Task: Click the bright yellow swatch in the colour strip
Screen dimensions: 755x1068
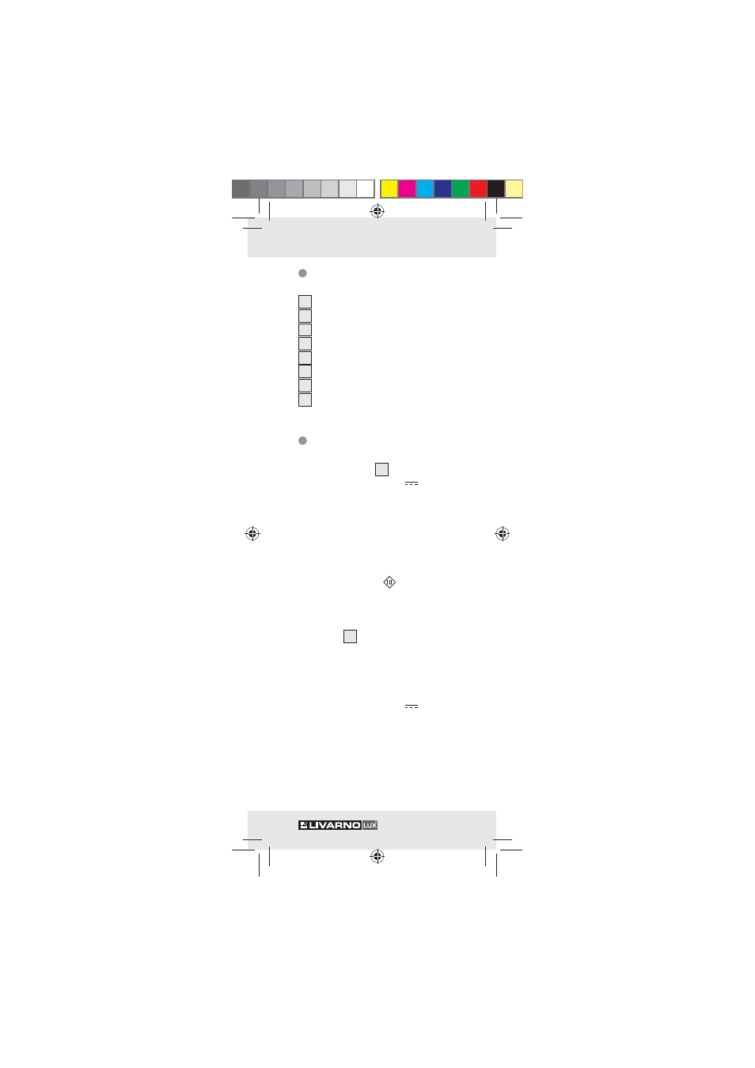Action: tap(389, 189)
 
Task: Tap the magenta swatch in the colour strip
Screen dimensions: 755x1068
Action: tap(407, 189)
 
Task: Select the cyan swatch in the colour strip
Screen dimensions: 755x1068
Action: tap(425, 189)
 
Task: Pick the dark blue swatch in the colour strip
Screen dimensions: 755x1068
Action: tap(442, 189)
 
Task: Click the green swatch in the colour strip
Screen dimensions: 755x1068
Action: tap(461, 189)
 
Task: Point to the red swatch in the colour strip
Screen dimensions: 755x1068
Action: tap(478, 189)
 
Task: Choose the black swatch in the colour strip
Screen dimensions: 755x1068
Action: tap(496, 189)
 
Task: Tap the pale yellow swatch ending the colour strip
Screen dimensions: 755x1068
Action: tap(514, 189)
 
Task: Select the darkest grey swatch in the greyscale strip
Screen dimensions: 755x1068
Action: tap(241, 189)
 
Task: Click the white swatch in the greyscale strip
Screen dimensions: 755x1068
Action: tap(366, 189)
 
